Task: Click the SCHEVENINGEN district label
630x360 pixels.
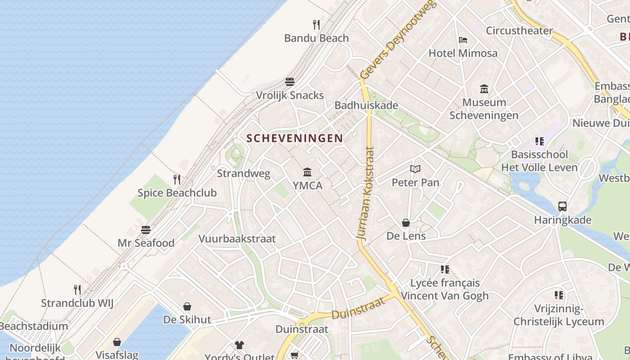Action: coord(295,138)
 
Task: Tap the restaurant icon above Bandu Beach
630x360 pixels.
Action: coord(316,24)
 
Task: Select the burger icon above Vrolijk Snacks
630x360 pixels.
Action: coord(290,82)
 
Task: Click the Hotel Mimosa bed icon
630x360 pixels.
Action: coord(463,40)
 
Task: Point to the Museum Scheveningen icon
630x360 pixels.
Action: coord(484,89)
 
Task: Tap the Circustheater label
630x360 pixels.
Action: coord(519,31)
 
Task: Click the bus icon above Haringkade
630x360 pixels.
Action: coord(562,207)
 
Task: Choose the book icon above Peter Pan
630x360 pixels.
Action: coord(415,169)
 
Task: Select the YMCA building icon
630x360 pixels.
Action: coord(307,172)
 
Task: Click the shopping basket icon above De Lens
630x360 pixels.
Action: coord(406,223)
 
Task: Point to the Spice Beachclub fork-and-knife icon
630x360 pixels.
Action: coord(177,180)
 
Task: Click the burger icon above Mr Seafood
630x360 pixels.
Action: coord(146,229)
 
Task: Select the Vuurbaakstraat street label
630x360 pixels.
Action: coord(237,238)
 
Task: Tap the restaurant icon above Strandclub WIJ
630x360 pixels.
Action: coord(77,289)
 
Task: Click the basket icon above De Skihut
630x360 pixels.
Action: coord(187,306)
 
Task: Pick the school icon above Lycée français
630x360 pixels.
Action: coord(445,270)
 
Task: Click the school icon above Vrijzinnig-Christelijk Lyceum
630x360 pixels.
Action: coord(559,295)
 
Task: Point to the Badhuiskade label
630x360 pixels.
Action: coord(366,105)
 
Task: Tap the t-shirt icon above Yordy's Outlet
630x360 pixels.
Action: coord(239,345)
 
